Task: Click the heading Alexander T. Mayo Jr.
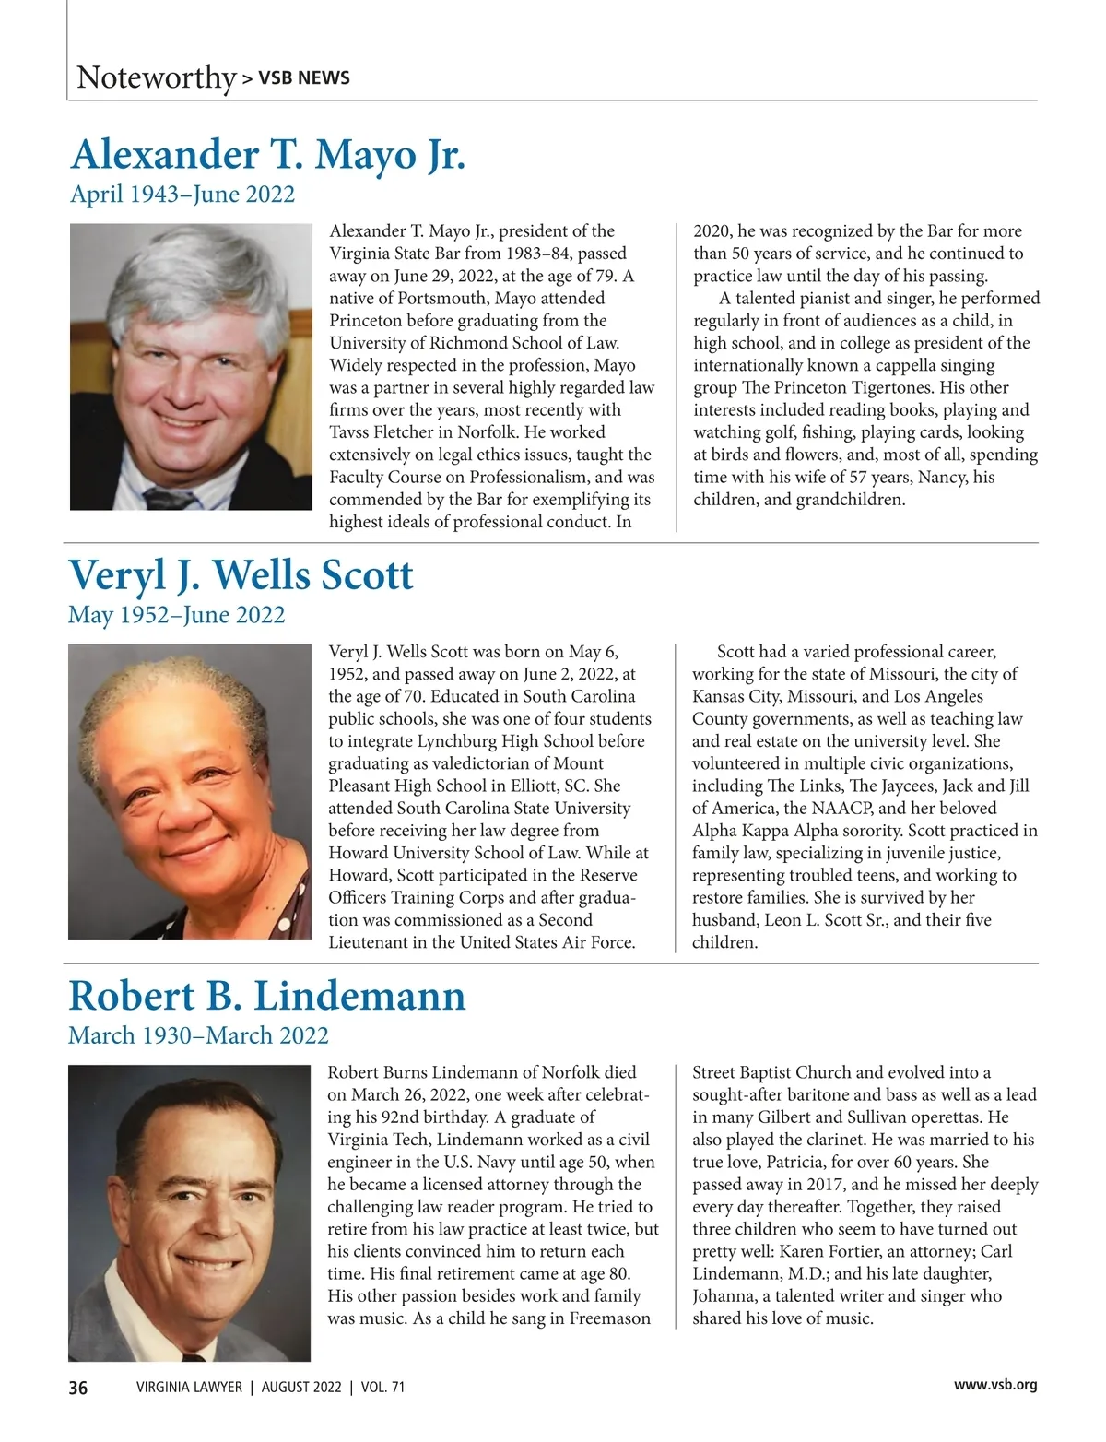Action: tap(267, 155)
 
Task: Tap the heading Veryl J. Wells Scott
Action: tap(241, 575)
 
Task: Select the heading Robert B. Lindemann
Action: tap(266, 997)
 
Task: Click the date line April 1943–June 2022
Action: tap(182, 195)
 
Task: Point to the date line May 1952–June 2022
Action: tap(176, 615)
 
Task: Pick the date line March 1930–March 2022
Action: tap(198, 1035)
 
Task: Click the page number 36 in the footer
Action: tap(78, 1387)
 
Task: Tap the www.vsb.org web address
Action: tap(994, 1385)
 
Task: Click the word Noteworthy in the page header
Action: tap(156, 77)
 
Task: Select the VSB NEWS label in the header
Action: tap(303, 78)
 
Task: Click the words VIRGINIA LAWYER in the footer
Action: tap(188, 1387)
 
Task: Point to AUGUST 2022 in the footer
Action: tap(300, 1387)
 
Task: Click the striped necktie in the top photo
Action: tap(170, 498)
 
